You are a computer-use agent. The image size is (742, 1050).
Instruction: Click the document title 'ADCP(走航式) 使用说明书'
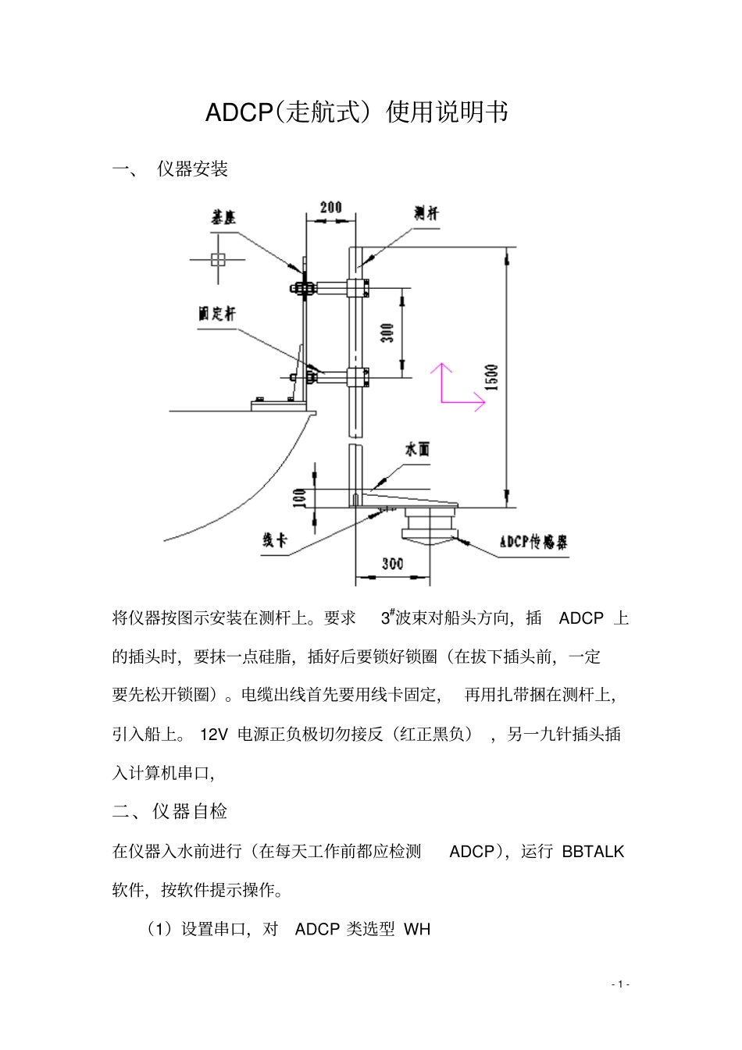(356, 112)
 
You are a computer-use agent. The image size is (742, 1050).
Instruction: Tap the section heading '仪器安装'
(192, 169)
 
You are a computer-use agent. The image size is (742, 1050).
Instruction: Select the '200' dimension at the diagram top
(331, 208)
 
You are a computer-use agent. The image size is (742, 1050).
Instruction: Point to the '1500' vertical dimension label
(491, 378)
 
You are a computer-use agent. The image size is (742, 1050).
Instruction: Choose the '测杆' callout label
(426, 214)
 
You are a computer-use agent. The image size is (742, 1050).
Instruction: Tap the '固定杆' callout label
(216, 314)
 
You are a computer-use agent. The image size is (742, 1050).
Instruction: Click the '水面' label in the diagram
(416, 450)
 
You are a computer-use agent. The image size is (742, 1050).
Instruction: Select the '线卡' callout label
(274, 540)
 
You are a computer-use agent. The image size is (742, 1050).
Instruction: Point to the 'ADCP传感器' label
(534, 543)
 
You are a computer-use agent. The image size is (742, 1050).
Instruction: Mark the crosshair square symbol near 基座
(218, 259)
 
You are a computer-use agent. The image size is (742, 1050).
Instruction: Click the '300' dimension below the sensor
(393, 564)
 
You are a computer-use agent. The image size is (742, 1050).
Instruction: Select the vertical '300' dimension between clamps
(387, 333)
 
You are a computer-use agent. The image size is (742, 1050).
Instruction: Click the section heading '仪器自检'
(190, 812)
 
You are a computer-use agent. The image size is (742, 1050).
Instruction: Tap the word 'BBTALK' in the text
(593, 851)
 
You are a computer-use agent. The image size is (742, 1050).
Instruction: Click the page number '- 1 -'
(619, 984)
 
